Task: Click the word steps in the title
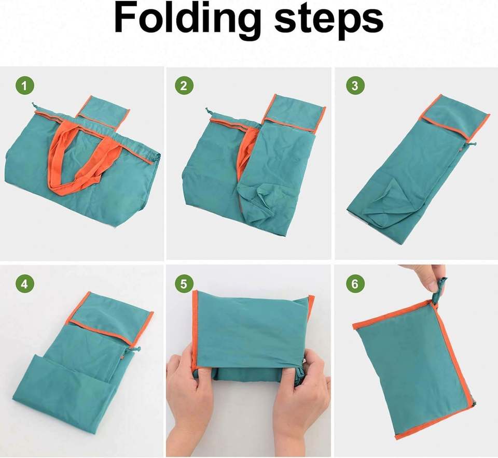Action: tap(329, 22)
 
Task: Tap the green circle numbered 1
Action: tap(25, 85)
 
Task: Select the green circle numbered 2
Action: tap(184, 85)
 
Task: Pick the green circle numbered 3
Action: tap(355, 85)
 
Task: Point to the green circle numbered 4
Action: tap(25, 283)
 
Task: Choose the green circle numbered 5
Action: tap(184, 283)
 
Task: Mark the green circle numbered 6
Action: tap(355, 283)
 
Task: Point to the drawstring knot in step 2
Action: tap(209, 110)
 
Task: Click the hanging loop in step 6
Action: tap(438, 290)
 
